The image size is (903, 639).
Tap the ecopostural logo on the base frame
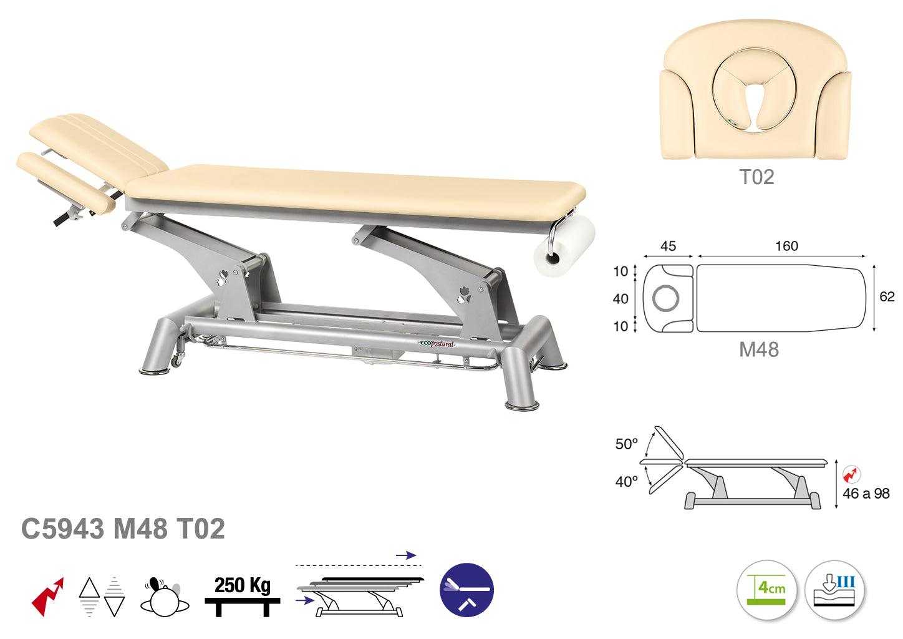click(x=436, y=344)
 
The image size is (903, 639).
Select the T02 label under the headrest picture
click(x=756, y=177)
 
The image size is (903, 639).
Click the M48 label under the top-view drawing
click(x=759, y=349)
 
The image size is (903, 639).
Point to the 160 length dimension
click(x=786, y=246)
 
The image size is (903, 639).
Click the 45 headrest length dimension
click(x=668, y=246)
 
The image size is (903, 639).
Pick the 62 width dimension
click(x=887, y=296)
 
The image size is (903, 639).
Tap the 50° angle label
click(x=627, y=444)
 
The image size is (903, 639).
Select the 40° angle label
click(x=627, y=481)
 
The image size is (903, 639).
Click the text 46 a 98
click(x=866, y=494)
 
